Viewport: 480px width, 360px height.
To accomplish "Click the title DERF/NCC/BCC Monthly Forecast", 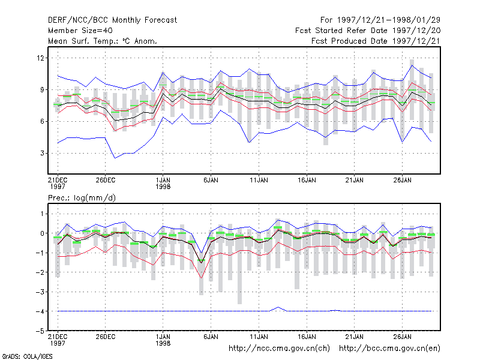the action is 112,20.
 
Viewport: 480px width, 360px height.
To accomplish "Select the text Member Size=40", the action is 80,31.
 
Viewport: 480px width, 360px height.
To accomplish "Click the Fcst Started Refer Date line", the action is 368,31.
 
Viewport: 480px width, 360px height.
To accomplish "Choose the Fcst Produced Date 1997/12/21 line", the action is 376,41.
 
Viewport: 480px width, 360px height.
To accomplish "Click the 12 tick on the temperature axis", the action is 40,58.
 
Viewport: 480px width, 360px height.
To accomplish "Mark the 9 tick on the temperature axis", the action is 42,89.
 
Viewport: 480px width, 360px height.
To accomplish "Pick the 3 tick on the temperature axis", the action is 42,153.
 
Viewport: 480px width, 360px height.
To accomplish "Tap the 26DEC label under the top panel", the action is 106,180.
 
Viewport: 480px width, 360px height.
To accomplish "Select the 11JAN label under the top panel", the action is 259,180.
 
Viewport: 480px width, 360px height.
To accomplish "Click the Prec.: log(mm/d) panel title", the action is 82,198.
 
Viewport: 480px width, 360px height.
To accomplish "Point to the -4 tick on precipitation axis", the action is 40,311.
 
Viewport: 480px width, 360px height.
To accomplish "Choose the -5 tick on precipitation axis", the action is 40,331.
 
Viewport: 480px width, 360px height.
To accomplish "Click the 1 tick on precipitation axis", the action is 42,214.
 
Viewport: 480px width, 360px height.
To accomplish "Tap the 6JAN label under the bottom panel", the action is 211,337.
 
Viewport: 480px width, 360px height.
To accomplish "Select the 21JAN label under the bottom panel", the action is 355,337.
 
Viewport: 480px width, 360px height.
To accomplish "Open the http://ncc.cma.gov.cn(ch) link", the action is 279,349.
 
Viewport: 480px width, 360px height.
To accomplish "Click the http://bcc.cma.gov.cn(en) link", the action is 389,349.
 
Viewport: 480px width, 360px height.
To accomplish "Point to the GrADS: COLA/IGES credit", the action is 27,356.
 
